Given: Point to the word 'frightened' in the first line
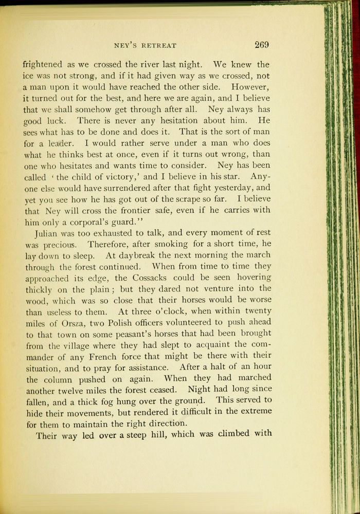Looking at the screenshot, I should [43, 65].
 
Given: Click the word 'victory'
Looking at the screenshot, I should [120, 177].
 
